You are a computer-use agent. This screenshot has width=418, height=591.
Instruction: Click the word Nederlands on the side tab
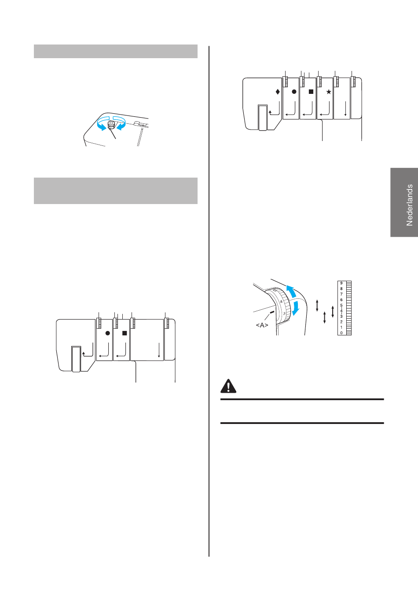pyautogui.click(x=409, y=205)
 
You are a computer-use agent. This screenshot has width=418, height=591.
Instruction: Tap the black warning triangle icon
pyautogui.click(x=228, y=386)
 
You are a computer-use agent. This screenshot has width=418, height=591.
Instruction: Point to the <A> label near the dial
pyautogui.click(x=262, y=325)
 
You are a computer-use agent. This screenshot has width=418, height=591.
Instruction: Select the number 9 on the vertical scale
pyautogui.click(x=341, y=283)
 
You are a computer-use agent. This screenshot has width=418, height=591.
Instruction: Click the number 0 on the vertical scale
pyautogui.click(x=341, y=333)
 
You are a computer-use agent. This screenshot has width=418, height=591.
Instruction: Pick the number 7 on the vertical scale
pyautogui.click(x=341, y=294)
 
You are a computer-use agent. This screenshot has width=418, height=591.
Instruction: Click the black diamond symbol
pyautogui.click(x=278, y=92)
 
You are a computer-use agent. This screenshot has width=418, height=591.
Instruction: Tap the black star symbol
pyautogui.click(x=329, y=92)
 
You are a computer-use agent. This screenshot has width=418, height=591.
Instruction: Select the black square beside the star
pyautogui.click(x=311, y=92)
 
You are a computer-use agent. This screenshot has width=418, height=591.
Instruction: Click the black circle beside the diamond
pyautogui.click(x=294, y=92)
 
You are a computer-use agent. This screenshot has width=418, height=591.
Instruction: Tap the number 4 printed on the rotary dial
pyautogui.click(x=281, y=301)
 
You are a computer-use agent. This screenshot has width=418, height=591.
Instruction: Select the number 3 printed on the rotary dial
pyautogui.click(x=284, y=313)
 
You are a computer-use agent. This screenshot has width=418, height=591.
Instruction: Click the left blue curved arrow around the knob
pyautogui.click(x=101, y=124)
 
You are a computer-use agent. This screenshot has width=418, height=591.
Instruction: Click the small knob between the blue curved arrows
pyautogui.click(x=111, y=125)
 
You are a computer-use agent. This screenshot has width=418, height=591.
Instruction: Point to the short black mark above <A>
pyautogui.click(x=272, y=312)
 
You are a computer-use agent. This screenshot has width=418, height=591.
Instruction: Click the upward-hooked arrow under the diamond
pyautogui.click(x=274, y=109)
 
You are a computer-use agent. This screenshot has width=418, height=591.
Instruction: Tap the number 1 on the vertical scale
pyautogui.click(x=341, y=327)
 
